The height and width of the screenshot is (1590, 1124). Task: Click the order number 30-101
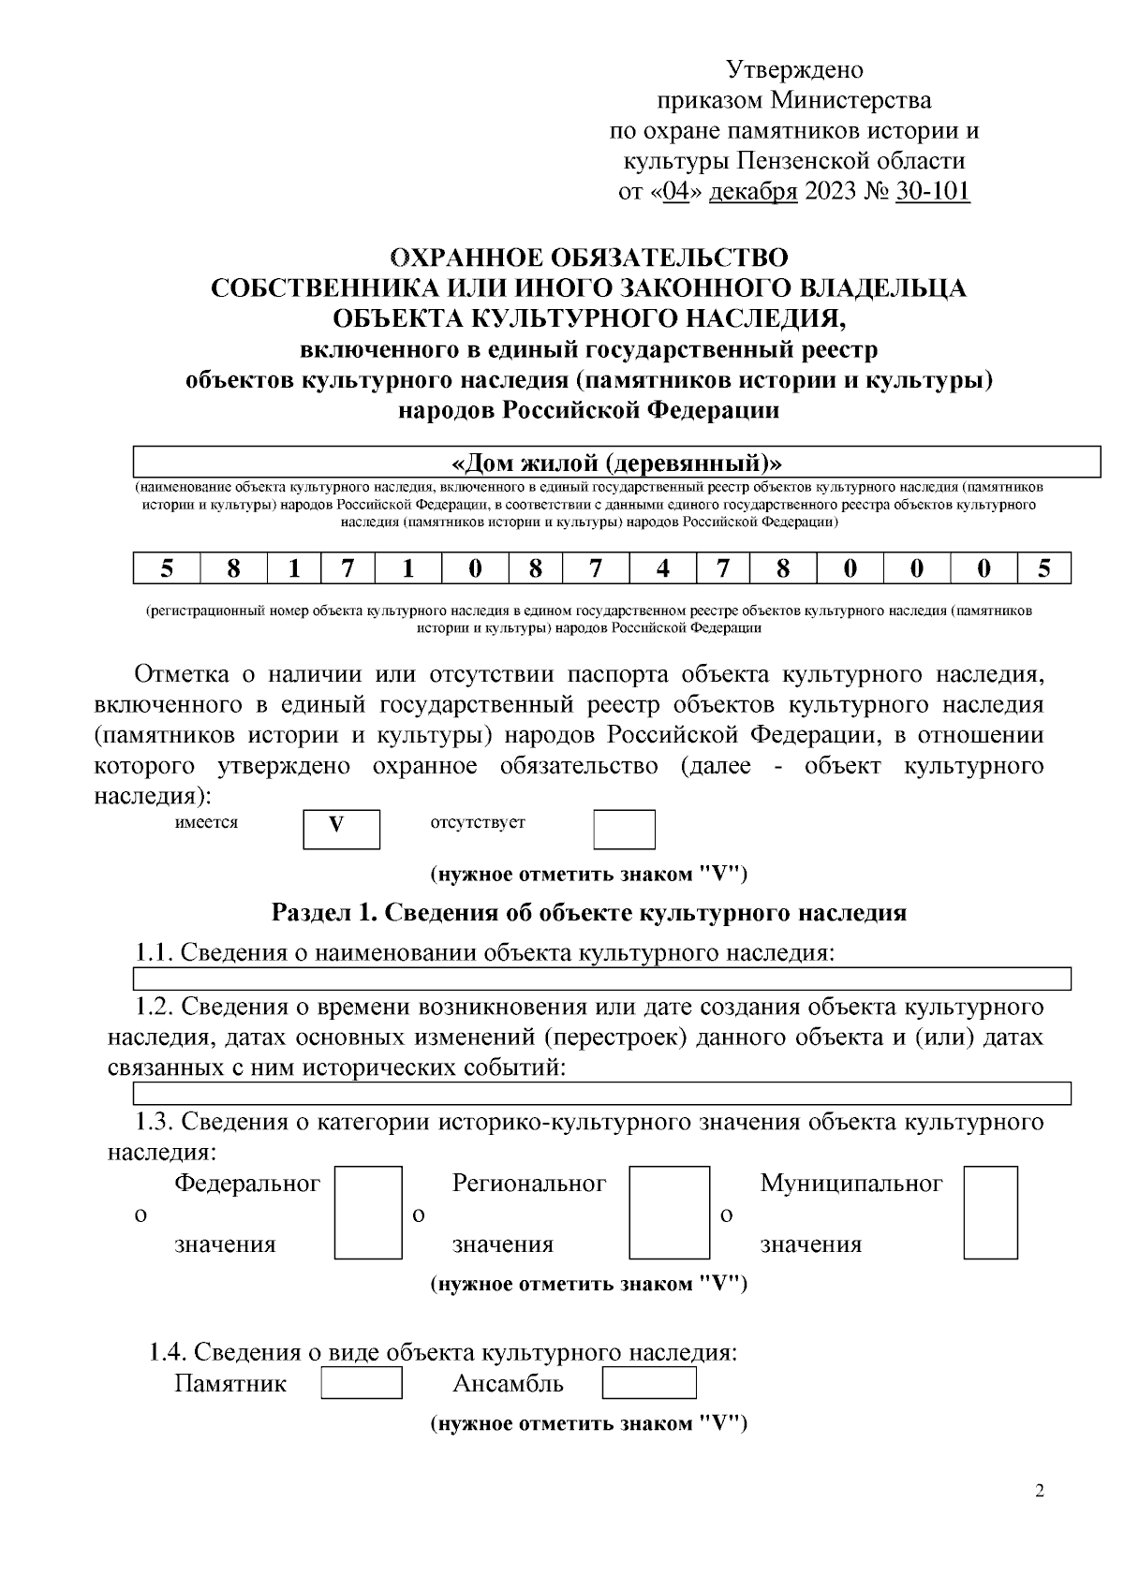pyautogui.click(x=933, y=192)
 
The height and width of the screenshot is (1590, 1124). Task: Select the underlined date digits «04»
pyautogui.click(x=674, y=192)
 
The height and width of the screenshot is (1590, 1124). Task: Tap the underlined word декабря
pyautogui.click(x=753, y=192)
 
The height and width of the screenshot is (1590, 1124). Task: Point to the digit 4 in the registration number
pyautogui.click(x=662, y=568)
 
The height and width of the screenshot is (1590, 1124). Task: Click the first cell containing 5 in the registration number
pyautogui.click(x=167, y=568)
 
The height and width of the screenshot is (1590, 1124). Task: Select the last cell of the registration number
pyautogui.click(x=1043, y=568)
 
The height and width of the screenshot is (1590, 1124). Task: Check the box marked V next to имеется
pyautogui.click(x=341, y=829)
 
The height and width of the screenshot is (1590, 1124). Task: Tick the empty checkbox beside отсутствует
pyautogui.click(x=624, y=829)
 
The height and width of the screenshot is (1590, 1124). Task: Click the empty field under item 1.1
pyautogui.click(x=601, y=979)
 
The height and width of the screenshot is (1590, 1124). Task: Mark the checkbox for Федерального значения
pyautogui.click(x=368, y=1212)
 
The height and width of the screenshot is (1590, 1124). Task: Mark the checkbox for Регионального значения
pyautogui.click(x=669, y=1212)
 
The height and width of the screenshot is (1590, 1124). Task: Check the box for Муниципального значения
pyautogui.click(x=990, y=1212)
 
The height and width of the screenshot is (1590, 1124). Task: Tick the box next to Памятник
pyautogui.click(x=362, y=1382)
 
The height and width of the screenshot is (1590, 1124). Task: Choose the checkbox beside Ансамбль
pyautogui.click(x=648, y=1382)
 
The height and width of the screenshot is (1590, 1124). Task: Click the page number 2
pyautogui.click(x=1040, y=1492)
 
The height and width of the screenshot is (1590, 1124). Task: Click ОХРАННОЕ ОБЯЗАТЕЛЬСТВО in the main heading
pyautogui.click(x=588, y=257)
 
